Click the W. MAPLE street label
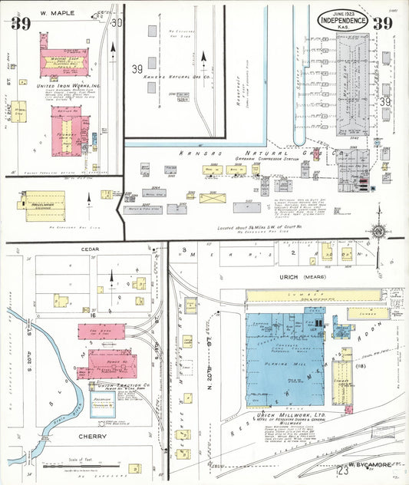tap(54, 13)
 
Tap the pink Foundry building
tap(68, 126)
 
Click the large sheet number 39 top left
tap(21, 24)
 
